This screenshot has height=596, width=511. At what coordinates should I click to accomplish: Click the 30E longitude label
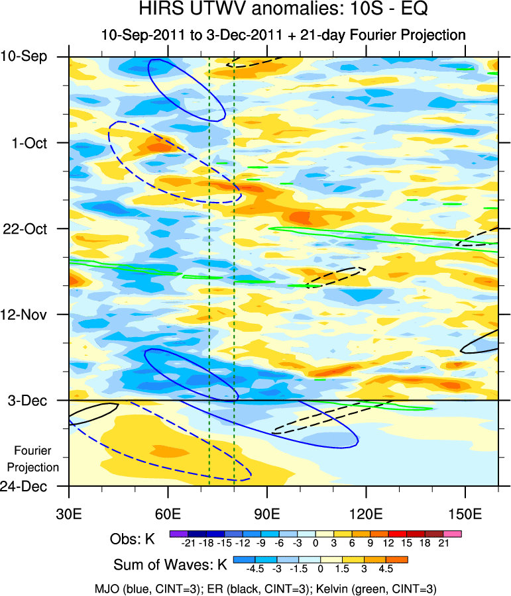[x=69, y=515]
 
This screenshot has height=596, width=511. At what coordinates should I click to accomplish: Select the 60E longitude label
[x=168, y=515]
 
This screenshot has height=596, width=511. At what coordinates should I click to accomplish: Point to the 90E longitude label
[x=267, y=515]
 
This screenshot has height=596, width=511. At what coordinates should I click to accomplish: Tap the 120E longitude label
[x=366, y=515]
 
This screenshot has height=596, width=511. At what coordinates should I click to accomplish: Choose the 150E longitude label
[x=465, y=515]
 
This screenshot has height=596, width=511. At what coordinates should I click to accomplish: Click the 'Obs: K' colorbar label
[x=132, y=539]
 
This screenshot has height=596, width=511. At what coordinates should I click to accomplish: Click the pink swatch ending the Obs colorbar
[x=454, y=532]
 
